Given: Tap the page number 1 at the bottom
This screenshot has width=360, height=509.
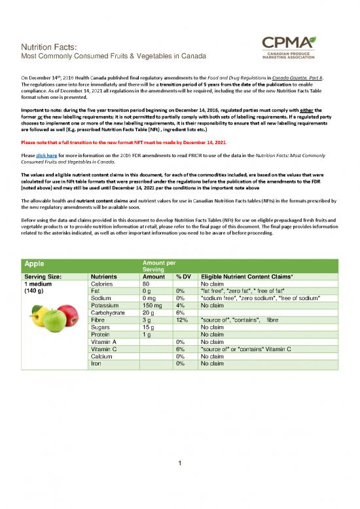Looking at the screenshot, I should (180, 483).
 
